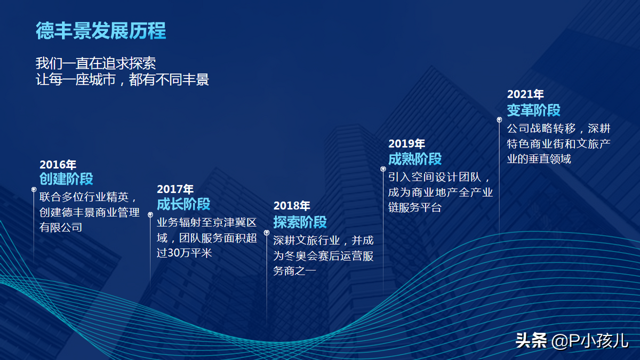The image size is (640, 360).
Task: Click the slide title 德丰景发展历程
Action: point(101,30)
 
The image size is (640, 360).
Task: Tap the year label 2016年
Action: point(58,165)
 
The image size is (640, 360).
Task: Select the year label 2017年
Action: point(175,189)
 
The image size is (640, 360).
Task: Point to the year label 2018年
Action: point(292,206)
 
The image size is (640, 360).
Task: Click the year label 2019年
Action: point(406,143)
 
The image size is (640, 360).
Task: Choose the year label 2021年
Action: point(525,94)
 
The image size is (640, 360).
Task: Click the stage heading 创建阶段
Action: point(66,179)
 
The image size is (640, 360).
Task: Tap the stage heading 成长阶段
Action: point(183,204)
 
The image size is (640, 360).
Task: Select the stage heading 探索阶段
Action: point(300,222)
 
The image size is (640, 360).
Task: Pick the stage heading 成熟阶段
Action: point(415,159)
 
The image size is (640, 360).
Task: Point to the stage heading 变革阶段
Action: point(534,110)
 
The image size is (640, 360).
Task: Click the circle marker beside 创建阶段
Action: point(34,189)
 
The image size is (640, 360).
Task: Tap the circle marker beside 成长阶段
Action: point(150,214)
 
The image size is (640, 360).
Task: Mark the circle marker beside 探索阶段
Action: point(267,233)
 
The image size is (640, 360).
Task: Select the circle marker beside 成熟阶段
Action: point(383,169)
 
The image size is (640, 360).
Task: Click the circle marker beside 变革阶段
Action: point(499,119)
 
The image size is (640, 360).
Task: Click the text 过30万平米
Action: point(185,253)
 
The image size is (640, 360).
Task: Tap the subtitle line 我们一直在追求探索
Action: point(95,63)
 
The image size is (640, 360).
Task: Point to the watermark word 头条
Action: point(531,341)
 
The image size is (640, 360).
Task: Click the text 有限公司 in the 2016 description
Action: point(61,227)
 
